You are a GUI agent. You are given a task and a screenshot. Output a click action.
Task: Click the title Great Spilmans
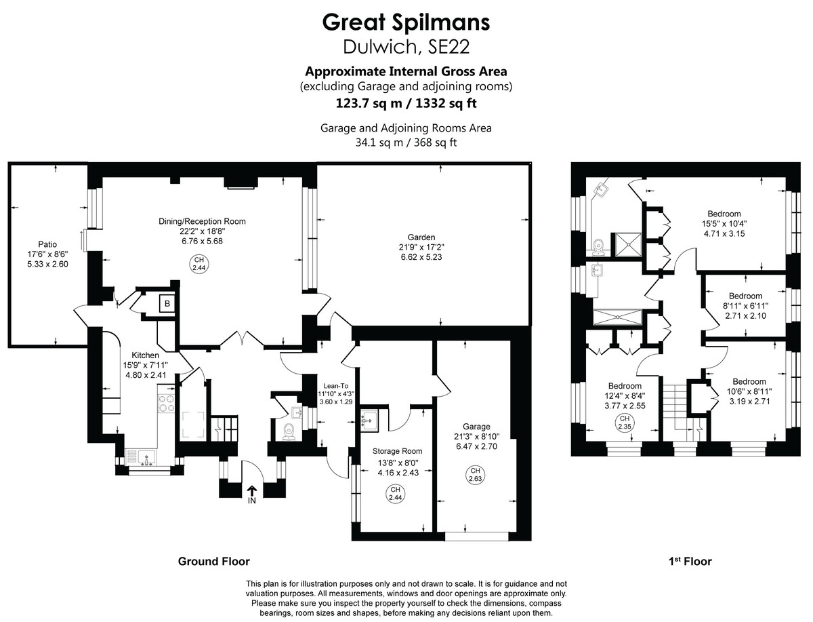click(x=406, y=22)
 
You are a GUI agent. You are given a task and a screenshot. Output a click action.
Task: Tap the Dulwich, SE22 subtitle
click(x=406, y=46)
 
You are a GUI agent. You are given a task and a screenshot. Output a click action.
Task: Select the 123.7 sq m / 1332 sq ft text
click(x=406, y=103)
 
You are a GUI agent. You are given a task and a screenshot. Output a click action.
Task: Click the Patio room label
click(x=47, y=244)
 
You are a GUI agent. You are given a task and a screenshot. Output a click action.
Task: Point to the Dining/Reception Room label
click(x=202, y=221)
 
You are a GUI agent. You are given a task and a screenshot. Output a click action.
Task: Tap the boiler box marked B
click(x=166, y=304)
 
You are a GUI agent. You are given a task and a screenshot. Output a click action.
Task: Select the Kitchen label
click(x=145, y=355)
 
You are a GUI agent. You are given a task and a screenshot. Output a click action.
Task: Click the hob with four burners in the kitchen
click(x=167, y=404)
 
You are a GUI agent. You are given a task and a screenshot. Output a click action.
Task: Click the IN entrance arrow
click(x=252, y=493)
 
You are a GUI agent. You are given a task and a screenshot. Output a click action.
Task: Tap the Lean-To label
click(x=335, y=385)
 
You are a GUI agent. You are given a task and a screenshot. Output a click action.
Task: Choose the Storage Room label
click(x=398, y=451)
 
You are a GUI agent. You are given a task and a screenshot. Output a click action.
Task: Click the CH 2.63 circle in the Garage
click(x=475, y=475)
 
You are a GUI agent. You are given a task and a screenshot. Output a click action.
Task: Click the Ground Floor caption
click(x=213, y=561)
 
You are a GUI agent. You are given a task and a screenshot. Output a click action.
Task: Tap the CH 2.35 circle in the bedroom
click(x=624, y=424)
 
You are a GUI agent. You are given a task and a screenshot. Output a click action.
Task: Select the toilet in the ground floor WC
click(x=288, y=431)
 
